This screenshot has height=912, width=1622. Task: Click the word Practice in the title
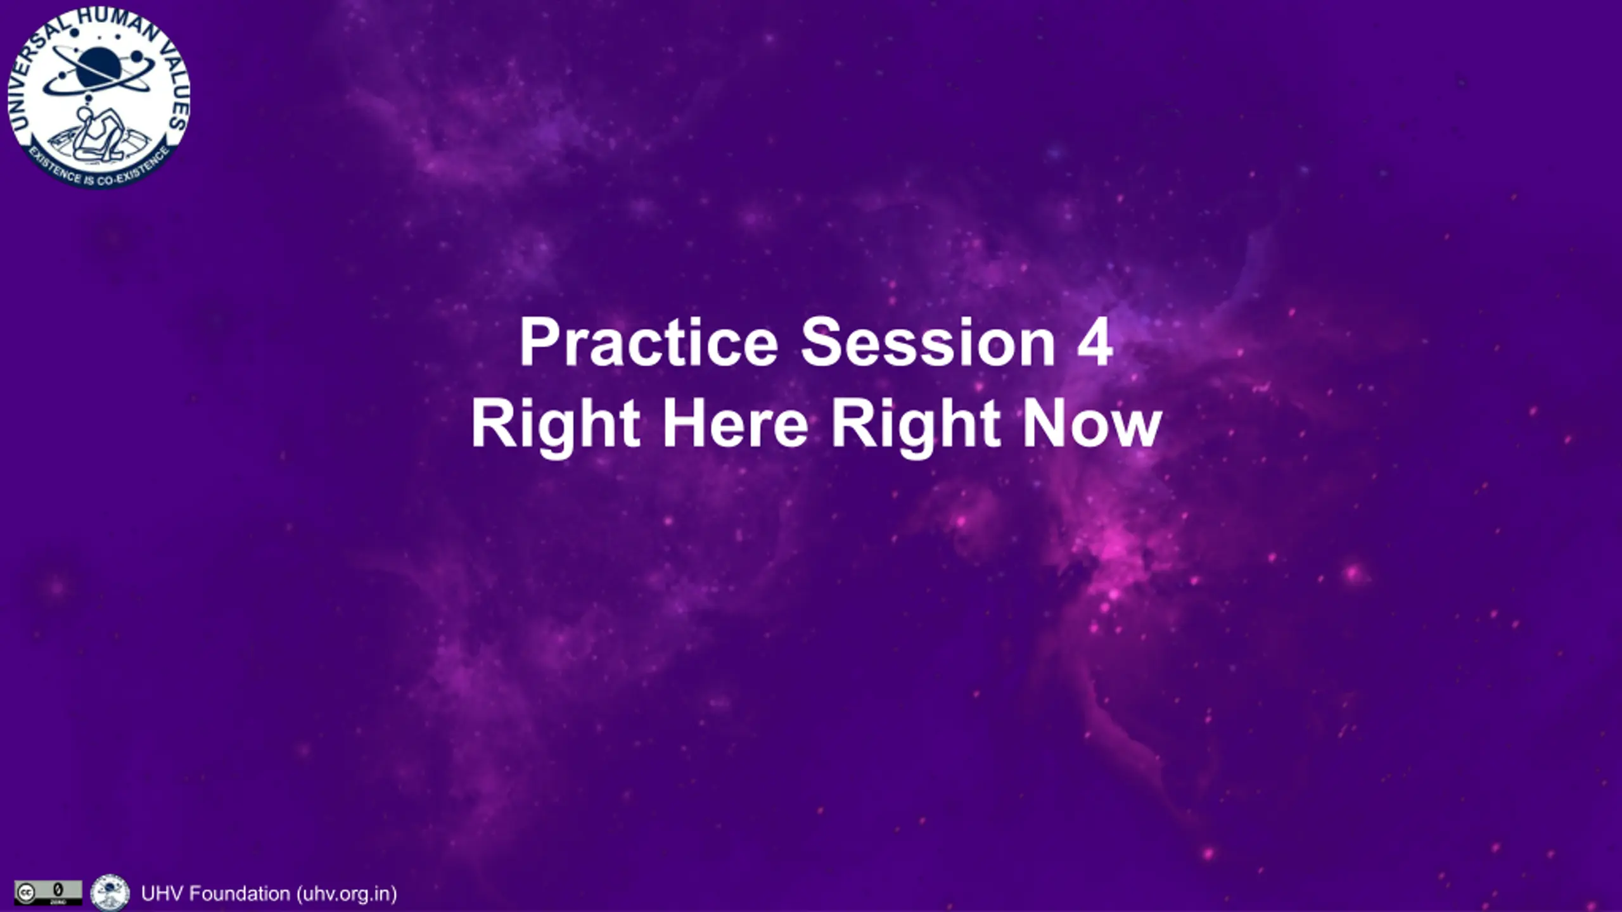click(649, 342)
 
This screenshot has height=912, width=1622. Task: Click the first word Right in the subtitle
click(555, 427)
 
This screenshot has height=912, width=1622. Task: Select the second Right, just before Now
click(916, 427)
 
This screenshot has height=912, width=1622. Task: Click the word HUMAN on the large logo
click(113, 24)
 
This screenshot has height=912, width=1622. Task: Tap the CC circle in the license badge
click(25, 893)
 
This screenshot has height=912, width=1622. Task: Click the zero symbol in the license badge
click(58, 889)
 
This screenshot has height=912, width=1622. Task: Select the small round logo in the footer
click(110, 893)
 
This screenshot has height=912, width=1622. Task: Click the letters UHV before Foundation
click(162, 894)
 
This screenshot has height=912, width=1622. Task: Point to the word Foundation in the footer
click(240, 894)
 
